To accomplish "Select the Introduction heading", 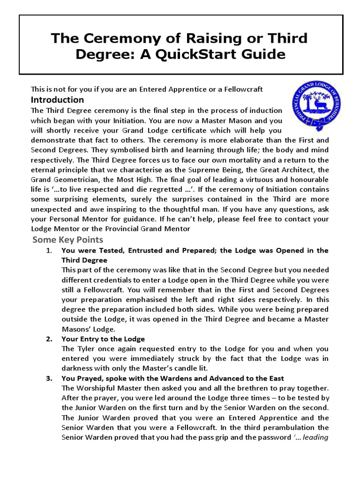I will [57, 100].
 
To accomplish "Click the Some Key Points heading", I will [67, 240].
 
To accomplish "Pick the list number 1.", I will [49, 250].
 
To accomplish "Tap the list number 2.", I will [49, 339].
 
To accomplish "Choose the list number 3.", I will [49, 378].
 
